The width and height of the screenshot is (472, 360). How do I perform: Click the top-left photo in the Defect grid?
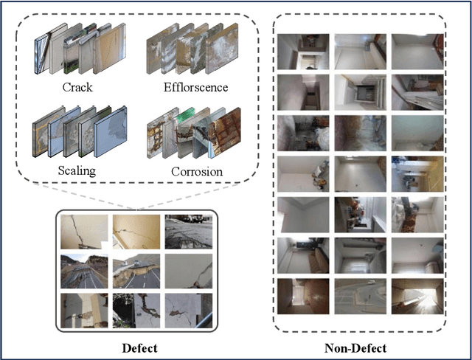coord(83,232)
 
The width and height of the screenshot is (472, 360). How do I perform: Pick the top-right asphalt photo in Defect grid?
coord(187,232)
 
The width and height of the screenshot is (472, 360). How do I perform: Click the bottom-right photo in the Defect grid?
coord(187,310)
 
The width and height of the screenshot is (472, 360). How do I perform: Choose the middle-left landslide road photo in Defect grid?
coord(83,271)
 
